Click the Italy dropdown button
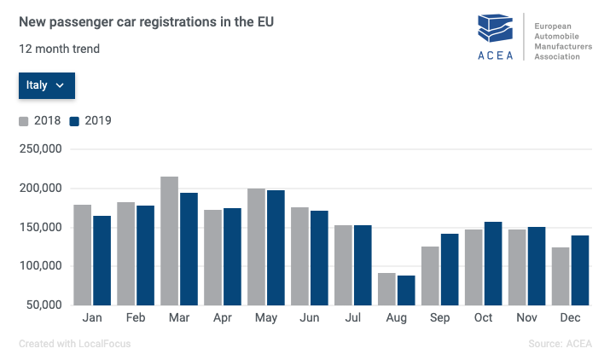tap(47, 85)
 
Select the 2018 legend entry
tap(40, 121)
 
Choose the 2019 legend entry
tap(90, 121)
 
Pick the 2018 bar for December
tap(561, 276)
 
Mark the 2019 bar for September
tap(450, 269)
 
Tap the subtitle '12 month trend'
tap(60, 49)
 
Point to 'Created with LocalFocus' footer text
tap(75, 344)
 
